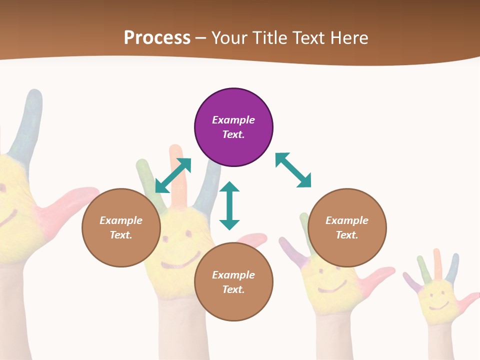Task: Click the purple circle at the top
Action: tap(233, 127)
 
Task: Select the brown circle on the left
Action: tap(121, 227)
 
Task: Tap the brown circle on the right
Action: tap(347, 227)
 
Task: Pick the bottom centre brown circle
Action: tap(233, 282)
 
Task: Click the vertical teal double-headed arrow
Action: tap(229, 205)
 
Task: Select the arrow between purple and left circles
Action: tap(173, 175)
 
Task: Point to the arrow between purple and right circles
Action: tap(293, 170)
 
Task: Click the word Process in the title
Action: tap(157, 37)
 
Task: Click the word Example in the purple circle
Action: tap(233, 120)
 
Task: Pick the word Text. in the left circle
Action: tap(121, 235)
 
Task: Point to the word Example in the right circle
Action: tap(347, 220)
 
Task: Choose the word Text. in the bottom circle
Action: tap(233, 289)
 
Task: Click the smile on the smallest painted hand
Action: tap(438, 304)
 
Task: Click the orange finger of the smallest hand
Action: tap(437, 262)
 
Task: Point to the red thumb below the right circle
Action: tap(380, 274)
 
